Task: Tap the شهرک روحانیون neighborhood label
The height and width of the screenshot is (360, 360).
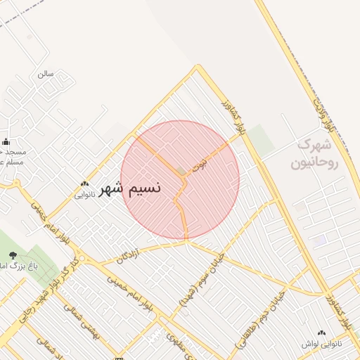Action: pos(319,153)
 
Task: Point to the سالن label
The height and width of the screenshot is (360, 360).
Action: pos(46,73)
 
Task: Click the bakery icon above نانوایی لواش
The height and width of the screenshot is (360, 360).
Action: pos(322,333)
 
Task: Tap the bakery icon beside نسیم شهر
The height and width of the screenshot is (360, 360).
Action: pos(84,184)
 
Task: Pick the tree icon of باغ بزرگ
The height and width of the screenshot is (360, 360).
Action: pos(12,255)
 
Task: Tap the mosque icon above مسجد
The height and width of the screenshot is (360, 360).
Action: pos(6,141)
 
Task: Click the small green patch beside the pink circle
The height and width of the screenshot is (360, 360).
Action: pos(261,139)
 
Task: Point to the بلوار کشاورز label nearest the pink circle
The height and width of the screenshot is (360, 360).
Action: pos(234,118)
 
